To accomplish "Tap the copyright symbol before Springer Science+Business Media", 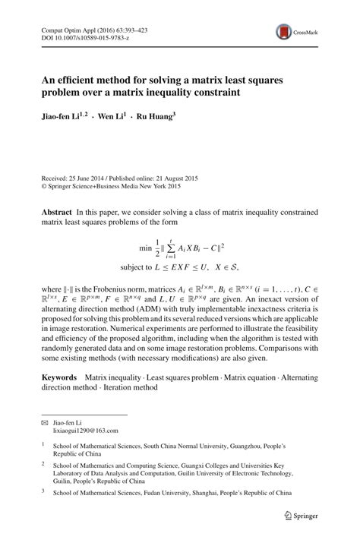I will click(43, 185).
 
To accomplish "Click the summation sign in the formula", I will click(179, 248).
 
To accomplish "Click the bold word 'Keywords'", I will click(58, 377).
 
